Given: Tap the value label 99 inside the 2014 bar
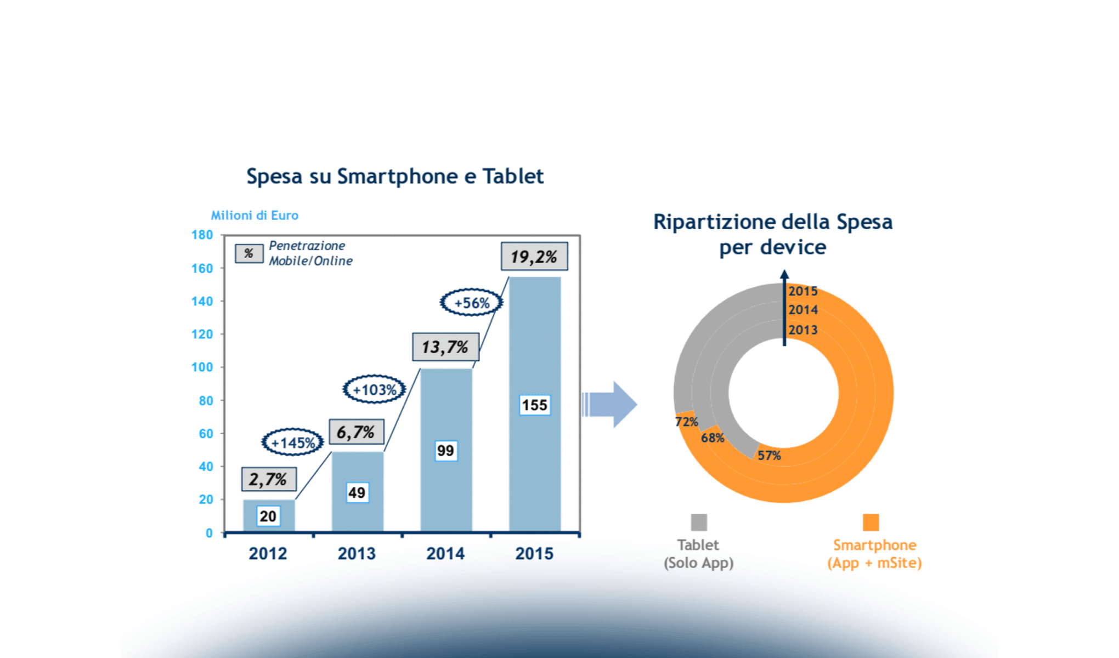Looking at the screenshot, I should click(x=445, y=451).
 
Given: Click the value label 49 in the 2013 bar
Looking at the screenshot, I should click(x=357, y=492).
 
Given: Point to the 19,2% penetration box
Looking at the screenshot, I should click(x=534, y=257).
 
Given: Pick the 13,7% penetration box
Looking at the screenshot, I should click(x=445, y=347).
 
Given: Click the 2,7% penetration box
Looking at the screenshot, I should click(x=268, y=479).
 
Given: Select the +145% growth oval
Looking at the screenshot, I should click(x=292, y=442).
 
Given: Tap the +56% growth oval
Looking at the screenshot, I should click(x=471, y=303).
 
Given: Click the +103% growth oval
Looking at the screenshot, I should click(x=374, y=389).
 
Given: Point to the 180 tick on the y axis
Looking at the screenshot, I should click(x=202, y=235).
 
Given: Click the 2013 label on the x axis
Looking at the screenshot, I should click(x=357, y=553).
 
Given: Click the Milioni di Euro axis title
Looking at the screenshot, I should click(x=255, y=215).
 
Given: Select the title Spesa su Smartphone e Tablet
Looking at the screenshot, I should click(x=395, y=177).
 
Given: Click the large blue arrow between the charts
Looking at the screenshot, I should click(x=612, y=405).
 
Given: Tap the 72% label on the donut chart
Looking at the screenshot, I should click(x=686, y=422).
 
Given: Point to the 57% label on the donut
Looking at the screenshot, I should click(x=769, y=456).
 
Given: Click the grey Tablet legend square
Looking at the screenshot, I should click(x=698, y=522).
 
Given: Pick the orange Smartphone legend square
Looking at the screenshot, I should click(x=871, y=522).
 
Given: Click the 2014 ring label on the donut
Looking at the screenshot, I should click(x=803, y=310).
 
